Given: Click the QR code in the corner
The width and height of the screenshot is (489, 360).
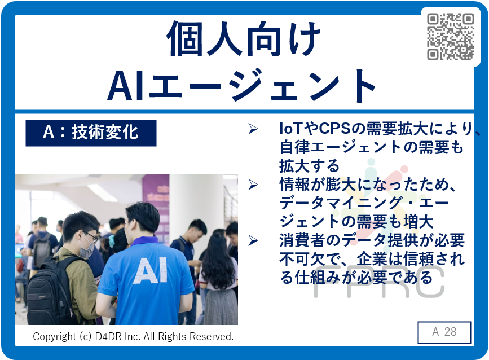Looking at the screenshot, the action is (x=450, y=37).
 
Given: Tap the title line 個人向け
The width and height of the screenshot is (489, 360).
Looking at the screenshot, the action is (x=244, y=39).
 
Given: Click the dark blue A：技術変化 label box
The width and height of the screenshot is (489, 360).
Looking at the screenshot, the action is (x=91, y=133).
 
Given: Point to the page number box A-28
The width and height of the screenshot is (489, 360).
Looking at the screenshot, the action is (x=444, y=332).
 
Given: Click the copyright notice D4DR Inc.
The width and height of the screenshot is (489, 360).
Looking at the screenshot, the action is (x=133, y=337).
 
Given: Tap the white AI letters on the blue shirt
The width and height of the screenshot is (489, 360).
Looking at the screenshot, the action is (x=151, y=270).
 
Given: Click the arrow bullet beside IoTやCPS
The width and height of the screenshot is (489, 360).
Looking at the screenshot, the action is (x=253, y=129).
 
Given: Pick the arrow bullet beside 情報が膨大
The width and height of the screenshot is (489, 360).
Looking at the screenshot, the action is (x=253, y=185).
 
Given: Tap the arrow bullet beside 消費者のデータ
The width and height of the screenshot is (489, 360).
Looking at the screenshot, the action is (x=253, y=240).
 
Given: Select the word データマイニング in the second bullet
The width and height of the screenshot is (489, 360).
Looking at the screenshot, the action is (x=341, y=203).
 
